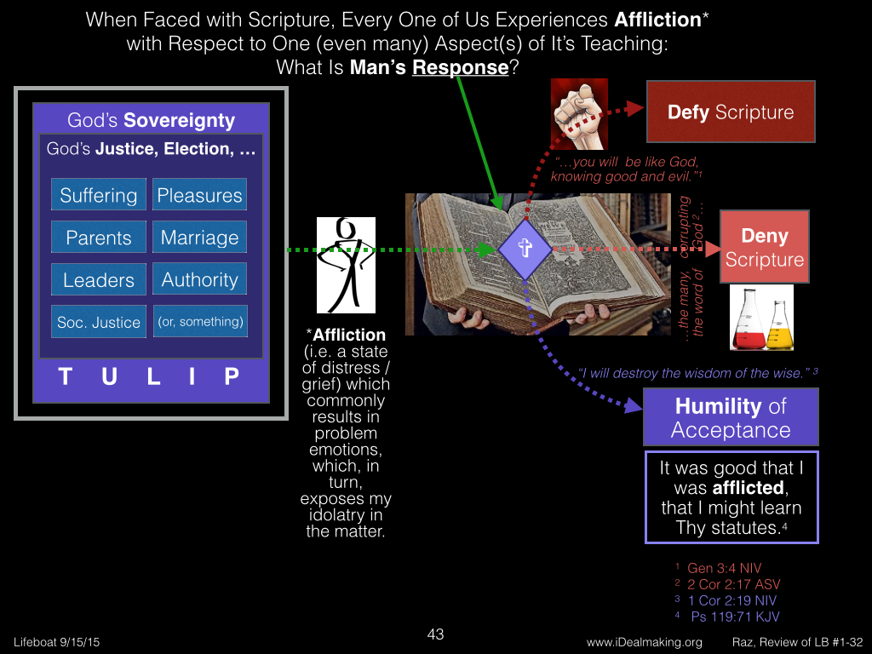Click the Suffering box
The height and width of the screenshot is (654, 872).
(99, 195)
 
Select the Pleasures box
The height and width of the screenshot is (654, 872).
(199, 195)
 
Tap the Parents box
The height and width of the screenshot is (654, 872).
(99, 237)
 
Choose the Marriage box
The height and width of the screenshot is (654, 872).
(199, 237)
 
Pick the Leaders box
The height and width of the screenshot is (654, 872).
(99, 279)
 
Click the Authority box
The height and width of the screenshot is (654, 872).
(199, 279)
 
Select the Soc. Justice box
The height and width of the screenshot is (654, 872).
(99, 321)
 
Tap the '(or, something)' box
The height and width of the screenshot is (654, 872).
(200, 321)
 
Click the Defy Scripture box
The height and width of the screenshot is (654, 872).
(731, 112)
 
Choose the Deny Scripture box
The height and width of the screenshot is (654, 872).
(765, 247)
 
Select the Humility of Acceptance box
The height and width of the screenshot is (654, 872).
(731, 417)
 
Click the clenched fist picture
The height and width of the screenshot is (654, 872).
(579, 115)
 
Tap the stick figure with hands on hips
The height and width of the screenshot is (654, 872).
(346, 266)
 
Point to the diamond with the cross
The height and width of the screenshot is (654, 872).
(525, 250)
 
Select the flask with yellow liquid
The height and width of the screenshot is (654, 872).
(778, 325)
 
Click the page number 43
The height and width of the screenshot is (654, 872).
(435, 634)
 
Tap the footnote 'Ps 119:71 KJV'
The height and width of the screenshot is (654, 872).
(735, 617)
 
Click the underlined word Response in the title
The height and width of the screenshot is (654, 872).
(461, 67)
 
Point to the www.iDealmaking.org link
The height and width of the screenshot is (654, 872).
(644, 642)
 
